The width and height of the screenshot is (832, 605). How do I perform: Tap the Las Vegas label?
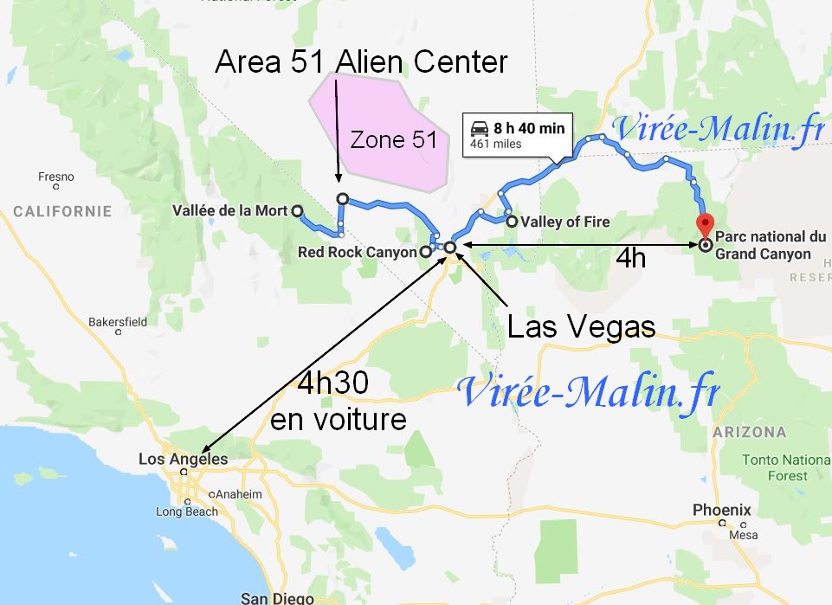[579, 326]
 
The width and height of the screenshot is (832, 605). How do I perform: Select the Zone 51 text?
[393, 139]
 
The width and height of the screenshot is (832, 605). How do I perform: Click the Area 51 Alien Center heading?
[361, 61]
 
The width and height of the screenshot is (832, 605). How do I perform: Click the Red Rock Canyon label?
[357, 252]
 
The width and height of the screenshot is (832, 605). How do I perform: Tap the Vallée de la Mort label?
[229, 211]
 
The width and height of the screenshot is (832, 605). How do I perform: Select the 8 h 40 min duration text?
[529, 128]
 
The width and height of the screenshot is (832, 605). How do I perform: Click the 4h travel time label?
[630, 259]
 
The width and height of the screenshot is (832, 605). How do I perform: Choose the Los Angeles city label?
[183, 460]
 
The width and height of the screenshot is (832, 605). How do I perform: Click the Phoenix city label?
[721, 510]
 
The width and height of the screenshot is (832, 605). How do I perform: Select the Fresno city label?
[56, 177]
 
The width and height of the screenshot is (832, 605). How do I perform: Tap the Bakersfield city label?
[118, 322]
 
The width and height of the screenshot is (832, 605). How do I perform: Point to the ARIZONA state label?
[750, 432]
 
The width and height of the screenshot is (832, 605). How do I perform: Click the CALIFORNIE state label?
[62, 211]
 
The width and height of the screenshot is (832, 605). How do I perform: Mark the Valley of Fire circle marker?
[513, 222]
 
